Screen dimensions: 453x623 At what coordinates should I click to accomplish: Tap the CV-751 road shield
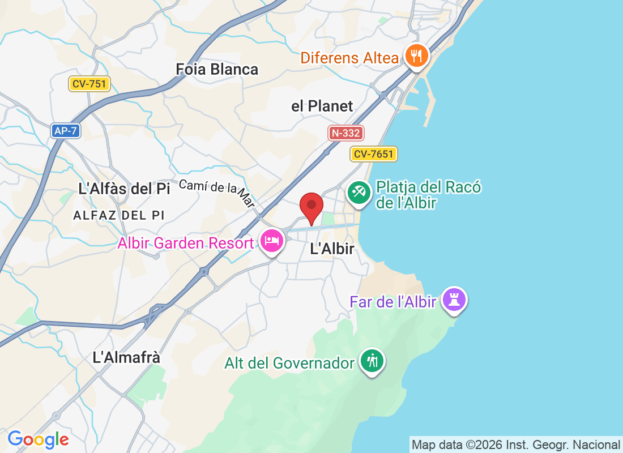point(89,84)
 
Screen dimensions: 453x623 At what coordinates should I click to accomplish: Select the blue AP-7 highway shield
point(66,131)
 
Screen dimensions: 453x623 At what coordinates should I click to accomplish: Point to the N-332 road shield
point(345,133)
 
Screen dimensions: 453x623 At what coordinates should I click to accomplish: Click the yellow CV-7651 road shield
point(374,153)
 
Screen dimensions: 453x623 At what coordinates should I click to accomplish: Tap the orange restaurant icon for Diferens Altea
point(417,56)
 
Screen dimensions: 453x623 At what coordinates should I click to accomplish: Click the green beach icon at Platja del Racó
point(359,193)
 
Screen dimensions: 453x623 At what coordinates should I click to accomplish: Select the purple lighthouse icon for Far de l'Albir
point(454,298)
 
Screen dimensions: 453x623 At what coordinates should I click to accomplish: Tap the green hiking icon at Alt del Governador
point(372,361)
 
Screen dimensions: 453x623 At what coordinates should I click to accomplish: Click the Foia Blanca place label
point(217,69)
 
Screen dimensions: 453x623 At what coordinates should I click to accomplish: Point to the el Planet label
point(322,106)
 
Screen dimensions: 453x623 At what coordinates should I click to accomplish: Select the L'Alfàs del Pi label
point(124,189)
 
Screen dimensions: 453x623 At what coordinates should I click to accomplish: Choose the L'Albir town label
point(332,248)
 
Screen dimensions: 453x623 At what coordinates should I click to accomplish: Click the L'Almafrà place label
point(126,357)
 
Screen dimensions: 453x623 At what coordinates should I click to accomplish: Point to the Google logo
point(38,439)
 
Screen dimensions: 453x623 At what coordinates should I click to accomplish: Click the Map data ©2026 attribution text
point(515,445)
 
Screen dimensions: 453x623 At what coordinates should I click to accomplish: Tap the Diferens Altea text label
point(349,58)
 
